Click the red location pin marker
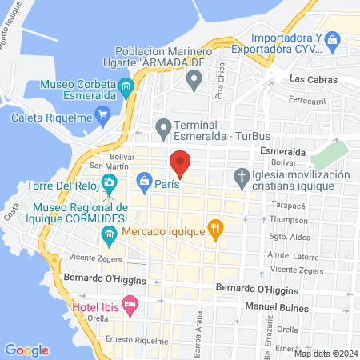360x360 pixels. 180,163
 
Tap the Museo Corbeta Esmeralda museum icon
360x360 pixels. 125,86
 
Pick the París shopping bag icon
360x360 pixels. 144,182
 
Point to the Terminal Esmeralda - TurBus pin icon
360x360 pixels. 163,127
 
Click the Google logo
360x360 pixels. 27,350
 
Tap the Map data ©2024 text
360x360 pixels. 326,353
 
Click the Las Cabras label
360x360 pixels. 313,79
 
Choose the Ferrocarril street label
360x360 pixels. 308,101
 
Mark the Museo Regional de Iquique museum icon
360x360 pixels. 110,233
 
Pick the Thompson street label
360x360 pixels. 288,219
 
